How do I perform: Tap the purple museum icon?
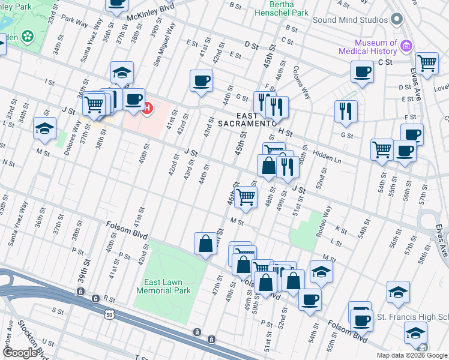coord(406,45)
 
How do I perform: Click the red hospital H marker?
coord(147,109)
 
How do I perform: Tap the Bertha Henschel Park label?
coord(281,8)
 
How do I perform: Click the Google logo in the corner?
coord(20,353)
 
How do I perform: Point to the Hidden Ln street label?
coord(327,157)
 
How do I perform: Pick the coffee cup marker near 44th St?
coord(202,80)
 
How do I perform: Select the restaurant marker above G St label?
coord(346,110)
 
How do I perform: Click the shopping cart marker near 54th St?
coord(382,149)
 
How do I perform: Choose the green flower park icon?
coord(27,37)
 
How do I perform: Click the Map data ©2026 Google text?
coord(412,355)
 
